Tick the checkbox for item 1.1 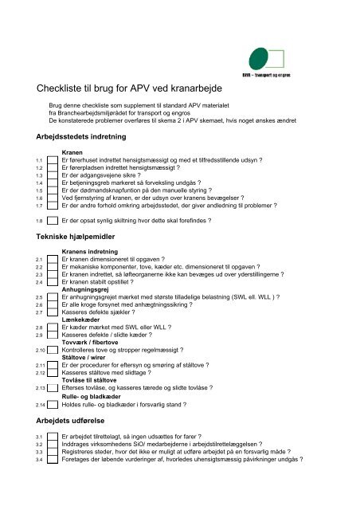coord(53,160)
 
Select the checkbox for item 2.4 coord(53,282)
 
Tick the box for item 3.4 coord(53,461)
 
